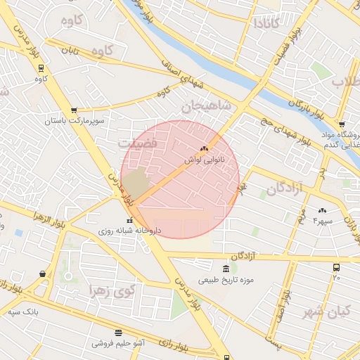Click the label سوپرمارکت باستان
tap(75, 122)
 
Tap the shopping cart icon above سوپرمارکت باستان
tap(74, 110)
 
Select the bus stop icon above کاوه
tap(40, 68)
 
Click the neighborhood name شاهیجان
tap(206, 107)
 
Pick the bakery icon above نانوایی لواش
tap(204, 149)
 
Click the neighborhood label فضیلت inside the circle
tap(143, 142)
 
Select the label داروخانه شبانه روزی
tap(129, 230)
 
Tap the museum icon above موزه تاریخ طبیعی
tap(225, 269)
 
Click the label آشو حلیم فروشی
tap(118, 344)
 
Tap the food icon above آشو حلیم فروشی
tap(118, 333)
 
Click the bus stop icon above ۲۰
tap(336, 267)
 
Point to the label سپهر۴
tap(323, 221)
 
